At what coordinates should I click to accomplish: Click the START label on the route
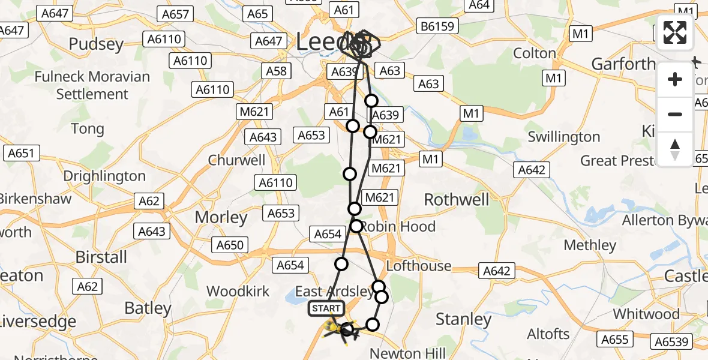point(326,308)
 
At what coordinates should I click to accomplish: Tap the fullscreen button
point(675,33)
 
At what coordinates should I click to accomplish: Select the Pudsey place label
point(96,44)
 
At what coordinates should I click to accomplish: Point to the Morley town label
point(221,218)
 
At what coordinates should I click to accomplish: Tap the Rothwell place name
point(456,200)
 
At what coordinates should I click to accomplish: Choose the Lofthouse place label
point(419,266)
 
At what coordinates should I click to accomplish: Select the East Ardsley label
point(334,292)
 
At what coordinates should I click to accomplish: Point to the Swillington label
point(563,137)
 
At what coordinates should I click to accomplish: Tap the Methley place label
point(590,245)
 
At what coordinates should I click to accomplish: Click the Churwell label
point(236,160)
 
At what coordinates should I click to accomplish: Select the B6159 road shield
point(438,26)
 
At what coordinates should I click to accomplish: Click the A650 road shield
point(230,245)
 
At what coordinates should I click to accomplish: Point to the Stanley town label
point(463,319)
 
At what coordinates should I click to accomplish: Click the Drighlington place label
point(104,176)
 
